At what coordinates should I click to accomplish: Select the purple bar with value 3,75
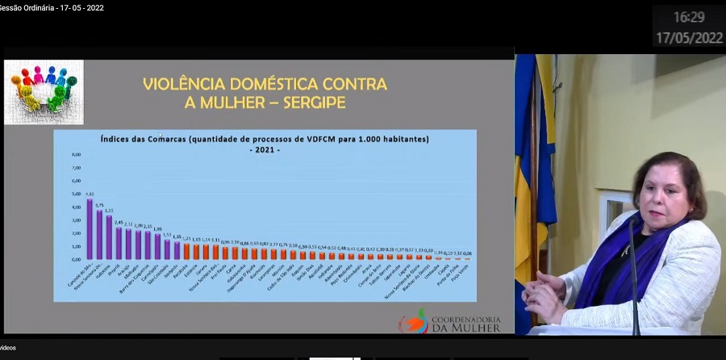pos(99,235)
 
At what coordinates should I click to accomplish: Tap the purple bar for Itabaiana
pos(109,237)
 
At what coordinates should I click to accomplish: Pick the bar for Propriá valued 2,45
pos(119,243)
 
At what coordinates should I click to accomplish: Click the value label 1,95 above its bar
pos(157,228)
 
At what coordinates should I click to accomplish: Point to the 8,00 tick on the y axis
pos(77,154)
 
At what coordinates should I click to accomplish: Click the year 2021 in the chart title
pos(265,149)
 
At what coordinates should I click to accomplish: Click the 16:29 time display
pos(689,17)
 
